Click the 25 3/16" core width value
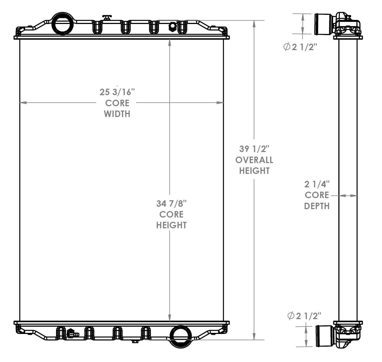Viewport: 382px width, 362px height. pyautogui.click(x=117, y=92)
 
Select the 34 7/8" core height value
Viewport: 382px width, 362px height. pyautogui.click(x=171, y=204)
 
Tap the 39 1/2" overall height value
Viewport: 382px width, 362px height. pyautogui.click(x=254, y=149)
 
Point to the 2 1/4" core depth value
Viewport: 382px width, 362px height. pyautogui.click(x=317, y=184)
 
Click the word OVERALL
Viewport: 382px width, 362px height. pyautogui.click(x=254, y=160)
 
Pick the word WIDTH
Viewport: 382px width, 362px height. pyautogui.click(x=117, y=114)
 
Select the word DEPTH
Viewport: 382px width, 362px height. pyautogui.click(x=317, y=206)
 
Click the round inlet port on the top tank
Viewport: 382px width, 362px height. pyautogui.click(x=62, y=23)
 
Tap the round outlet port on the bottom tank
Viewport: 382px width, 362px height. pyautogui.click(x=181, y=336)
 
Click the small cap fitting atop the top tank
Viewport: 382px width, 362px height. pyautogui.click(x=107, y=18)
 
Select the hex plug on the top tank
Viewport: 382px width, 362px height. pyautogui.click(x=172, y=27)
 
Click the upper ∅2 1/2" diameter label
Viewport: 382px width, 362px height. pyautogui.click(x=300, y=47)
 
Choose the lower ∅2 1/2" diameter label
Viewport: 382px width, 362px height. pyautogui.click(x=304, y=316)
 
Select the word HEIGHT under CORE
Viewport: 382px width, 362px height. pyautogui.click(x=171, y=225)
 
